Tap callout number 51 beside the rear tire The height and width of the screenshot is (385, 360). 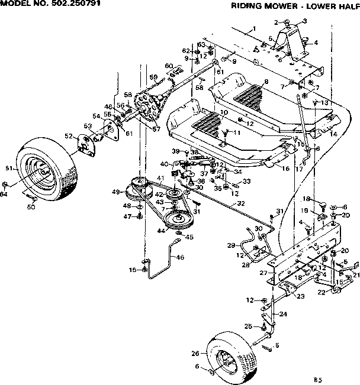[9, 169]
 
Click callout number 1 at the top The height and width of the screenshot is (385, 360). [253, 29]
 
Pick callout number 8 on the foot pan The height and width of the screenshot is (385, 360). [266, 82]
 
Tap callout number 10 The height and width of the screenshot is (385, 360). [224, 112]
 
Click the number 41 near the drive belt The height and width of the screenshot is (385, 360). [160, 178]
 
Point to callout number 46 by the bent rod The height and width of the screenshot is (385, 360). [180, 257]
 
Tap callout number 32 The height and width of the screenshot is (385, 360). [240, 203]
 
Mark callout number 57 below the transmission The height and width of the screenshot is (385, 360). [157, 129]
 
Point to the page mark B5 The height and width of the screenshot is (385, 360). [318, 379]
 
